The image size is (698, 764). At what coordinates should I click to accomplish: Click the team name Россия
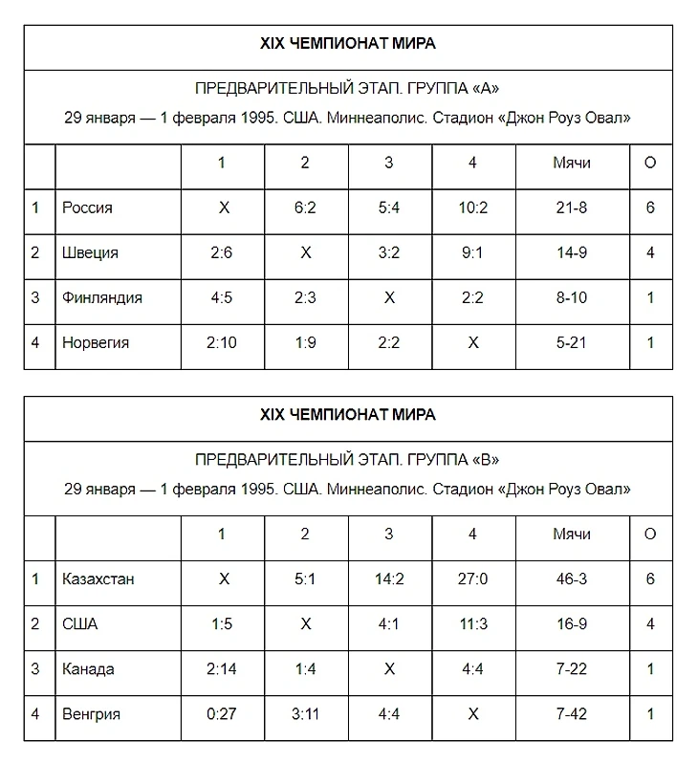pos(87,207)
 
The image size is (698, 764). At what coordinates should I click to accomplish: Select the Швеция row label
pos(90,252)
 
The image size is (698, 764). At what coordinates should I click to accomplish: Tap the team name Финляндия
pos(102,297)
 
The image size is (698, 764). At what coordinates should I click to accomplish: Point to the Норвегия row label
pos(96,342)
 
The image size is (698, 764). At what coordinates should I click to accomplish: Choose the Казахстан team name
pos(98,578)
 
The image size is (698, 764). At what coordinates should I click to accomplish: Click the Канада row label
pos(88,668)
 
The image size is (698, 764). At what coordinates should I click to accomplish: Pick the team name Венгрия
pos(92,713)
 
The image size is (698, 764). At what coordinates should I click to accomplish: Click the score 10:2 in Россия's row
pos(472,207)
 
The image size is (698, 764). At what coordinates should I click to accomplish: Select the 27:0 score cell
pos(472,578)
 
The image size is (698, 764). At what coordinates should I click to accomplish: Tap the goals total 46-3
pos(572,578)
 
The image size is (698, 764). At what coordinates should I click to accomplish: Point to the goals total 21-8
pos(572,207)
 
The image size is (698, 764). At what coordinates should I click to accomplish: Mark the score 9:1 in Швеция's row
pos(472,252)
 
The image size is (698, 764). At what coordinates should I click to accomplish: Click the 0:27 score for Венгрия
pos(222,713)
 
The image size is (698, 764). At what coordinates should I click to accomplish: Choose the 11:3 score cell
pos(472,623)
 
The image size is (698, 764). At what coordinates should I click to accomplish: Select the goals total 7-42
pos(572,713)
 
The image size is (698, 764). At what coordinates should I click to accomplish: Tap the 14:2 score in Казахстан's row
pos(388,578)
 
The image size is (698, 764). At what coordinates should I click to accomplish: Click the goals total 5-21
pos(572,342)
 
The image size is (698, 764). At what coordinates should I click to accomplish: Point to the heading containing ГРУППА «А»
pos(347,89)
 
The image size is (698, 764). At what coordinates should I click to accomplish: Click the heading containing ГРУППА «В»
pos(347,460)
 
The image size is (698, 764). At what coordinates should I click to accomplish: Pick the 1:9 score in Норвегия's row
pos(305,342)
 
